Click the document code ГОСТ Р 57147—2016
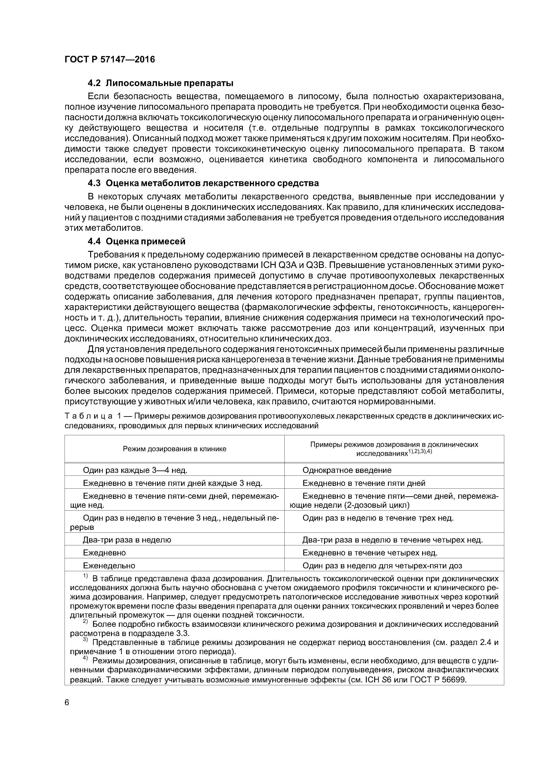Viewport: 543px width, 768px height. [x=110, y=60]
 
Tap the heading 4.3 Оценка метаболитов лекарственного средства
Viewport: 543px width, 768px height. [x=203, y=183]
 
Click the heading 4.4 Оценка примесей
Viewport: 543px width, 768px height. [x=136, y=241]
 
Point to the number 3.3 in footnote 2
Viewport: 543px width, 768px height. [x=182, y=634]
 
